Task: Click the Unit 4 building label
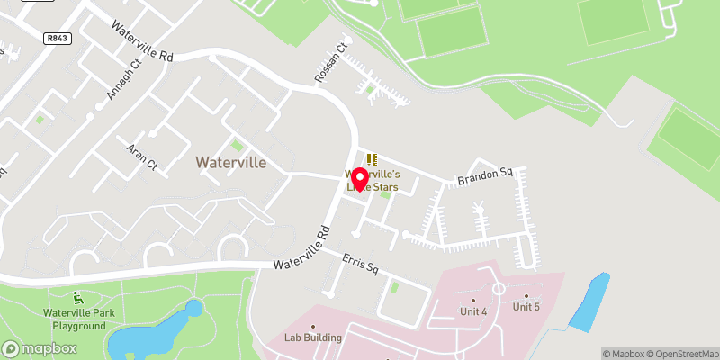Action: click(473, 310)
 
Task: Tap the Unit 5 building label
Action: click(526, 306)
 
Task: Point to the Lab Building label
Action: click(313, 337)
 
